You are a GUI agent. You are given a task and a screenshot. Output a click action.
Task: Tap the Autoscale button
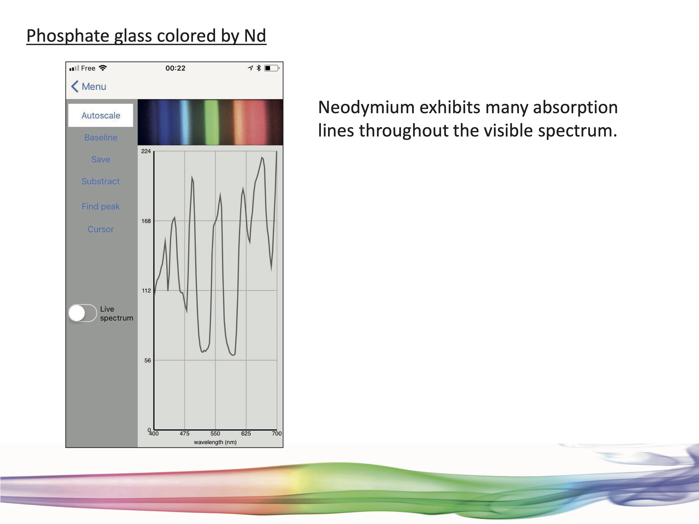point(100,115)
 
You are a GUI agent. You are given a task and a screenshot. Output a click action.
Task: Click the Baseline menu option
point(100,137)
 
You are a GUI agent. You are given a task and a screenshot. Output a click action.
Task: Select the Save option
point(100,159)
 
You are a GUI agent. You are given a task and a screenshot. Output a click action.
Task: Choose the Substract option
point(100,181)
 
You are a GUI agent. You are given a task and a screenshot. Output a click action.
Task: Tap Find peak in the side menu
point(100,206)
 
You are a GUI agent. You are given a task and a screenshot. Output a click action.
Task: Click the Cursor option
point(100,229)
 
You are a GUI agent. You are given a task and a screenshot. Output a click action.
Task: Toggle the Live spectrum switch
point(82,313)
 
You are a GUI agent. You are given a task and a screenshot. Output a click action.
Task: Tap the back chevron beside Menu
point(75,86)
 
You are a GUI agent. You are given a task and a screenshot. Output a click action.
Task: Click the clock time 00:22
point(175,68)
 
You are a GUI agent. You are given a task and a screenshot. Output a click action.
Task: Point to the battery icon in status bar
point(272,68)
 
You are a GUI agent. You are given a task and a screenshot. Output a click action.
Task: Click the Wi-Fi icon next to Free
point(103,68)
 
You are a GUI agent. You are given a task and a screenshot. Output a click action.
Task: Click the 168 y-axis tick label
point(146,221)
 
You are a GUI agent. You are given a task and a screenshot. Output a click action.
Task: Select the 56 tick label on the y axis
point(147,360)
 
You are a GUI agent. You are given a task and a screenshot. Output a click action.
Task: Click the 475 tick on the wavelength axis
point(185,434)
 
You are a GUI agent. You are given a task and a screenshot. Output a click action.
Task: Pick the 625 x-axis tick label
point(246,434)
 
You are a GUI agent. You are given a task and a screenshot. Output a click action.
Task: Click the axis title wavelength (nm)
point(215,442)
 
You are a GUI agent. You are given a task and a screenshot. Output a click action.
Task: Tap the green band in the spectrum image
point(211,122)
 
